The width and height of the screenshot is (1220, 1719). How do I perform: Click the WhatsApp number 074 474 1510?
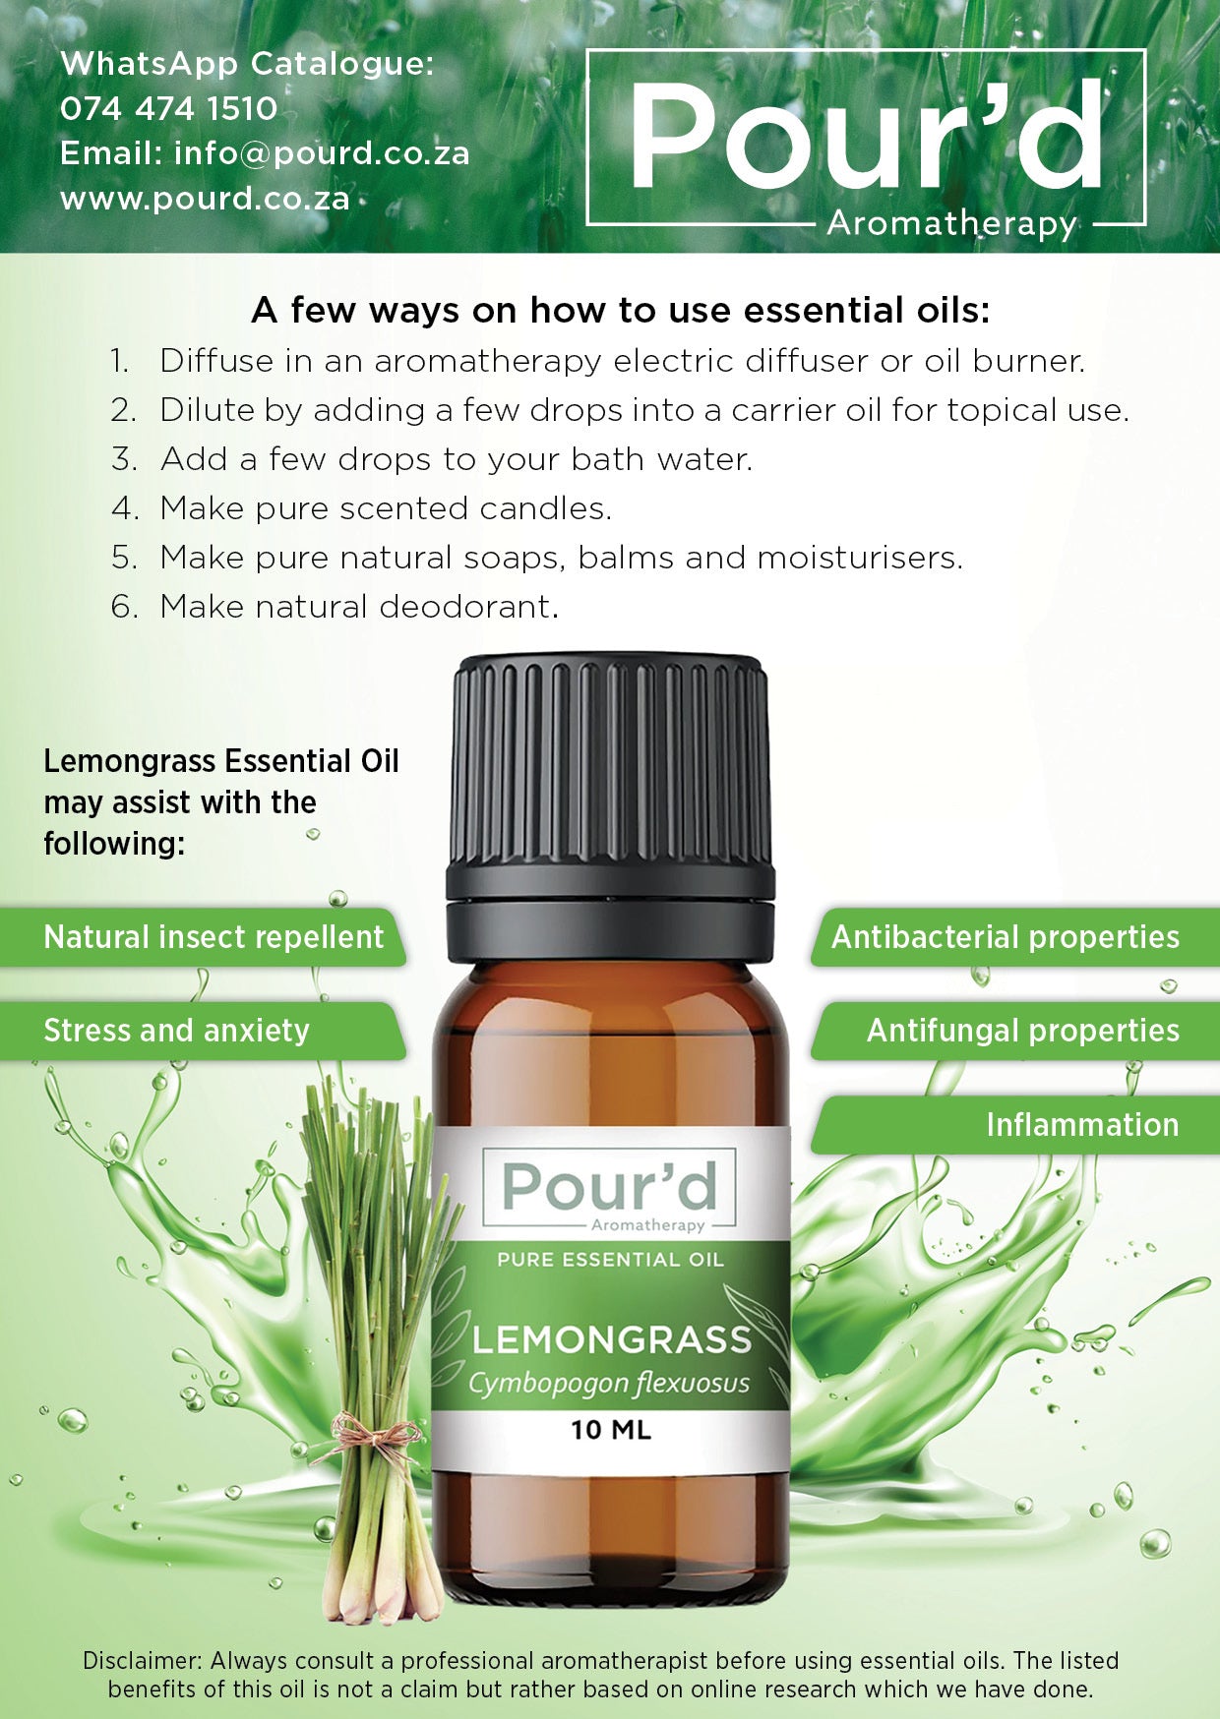pyautogui.click(x=168, y=108)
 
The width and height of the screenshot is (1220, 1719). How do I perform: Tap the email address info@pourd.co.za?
pyautogui.click(x=322, y=153)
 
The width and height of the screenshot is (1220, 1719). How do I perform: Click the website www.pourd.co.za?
pyautogui.click(x=205, y=199)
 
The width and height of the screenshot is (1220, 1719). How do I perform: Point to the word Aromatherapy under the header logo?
pyautogui.click(x=951, y=223)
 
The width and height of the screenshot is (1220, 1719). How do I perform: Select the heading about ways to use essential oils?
pyautogui.click(x=620, y=310)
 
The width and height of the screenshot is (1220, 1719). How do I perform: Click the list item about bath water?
pyautogui.click(x=456, y=459)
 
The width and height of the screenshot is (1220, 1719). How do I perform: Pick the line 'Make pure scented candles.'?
pyautogui.click(x=386, y=508)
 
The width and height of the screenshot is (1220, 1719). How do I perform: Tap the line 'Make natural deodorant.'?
pyautogui.click(x=359, y=607)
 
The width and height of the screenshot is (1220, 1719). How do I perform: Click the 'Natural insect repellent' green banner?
pyautogui.click(x=213, y=937)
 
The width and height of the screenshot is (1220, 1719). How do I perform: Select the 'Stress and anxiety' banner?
pyautogui.click(x=177, y=1031)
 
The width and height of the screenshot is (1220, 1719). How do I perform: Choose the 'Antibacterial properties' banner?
pyautogui.click(x=1005, y=937)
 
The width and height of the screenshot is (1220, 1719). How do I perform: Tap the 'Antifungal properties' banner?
pyautogui.click(x=1022, y=1031)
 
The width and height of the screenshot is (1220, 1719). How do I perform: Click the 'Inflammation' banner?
pyautogui.click(x=1081, y=1125)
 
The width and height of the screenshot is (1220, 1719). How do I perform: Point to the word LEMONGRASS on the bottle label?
pyautogui.click(x=611, y=1340)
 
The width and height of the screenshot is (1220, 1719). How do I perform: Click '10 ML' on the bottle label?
pyautogui.click(x=611, y=1430)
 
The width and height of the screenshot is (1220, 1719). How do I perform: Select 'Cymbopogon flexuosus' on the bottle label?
pyautogui.click(x=609, y=1384)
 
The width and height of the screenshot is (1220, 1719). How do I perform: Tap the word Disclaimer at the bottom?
pyautogui.click(x=143, y=1661)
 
